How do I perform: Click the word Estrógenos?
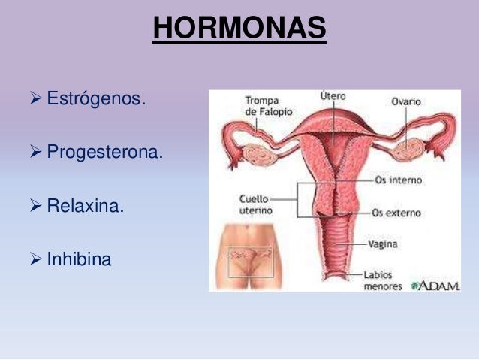point(93,98)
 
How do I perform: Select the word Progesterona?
point(104,153)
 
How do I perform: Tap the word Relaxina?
point(85,206)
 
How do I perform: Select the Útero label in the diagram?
point(333,97)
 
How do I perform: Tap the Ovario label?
point(406,101)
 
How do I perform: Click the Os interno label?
point(397,180)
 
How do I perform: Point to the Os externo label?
point(398,213)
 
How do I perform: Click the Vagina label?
point(383,244)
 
